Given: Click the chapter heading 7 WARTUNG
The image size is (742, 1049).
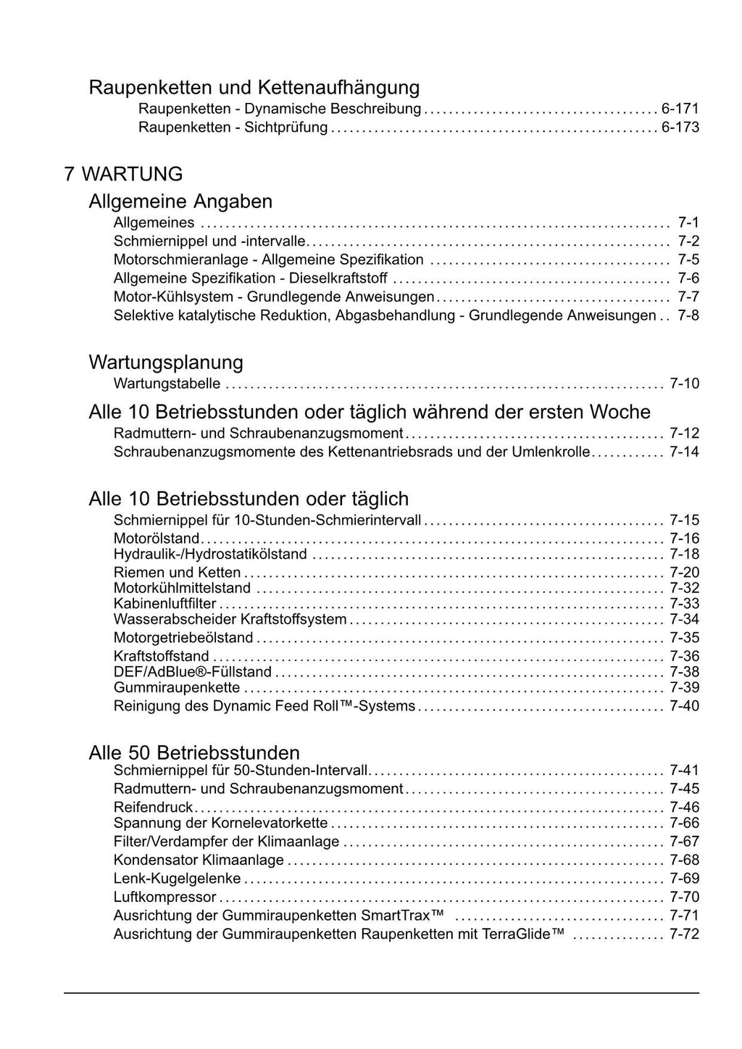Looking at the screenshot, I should pyautogui.click(x=123, y=174).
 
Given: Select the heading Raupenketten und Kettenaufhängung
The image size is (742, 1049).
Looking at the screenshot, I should pyautogui.click(x=254, y=88).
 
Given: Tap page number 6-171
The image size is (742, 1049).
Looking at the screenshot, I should pyautogui.click(x=680, y=109).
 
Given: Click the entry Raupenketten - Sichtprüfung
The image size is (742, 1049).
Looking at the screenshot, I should pyautogui.click(x=233, y=128).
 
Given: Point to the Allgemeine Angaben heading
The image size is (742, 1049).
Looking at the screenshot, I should pyautogui.click(x=180, y=201).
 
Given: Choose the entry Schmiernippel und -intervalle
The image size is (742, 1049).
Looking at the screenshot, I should pyautogui.click(x=210, y=241).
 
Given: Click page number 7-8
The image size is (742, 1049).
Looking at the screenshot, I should pyautogui.click(x=688, y=315).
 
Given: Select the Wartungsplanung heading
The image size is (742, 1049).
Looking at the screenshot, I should pyautogui.click(x=166, y=362).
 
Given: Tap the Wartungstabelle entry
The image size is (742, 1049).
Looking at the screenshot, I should pyautogui.click(x=167, y=383).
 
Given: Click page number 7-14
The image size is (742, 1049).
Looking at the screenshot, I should pyautogui.click(x=684, y=452).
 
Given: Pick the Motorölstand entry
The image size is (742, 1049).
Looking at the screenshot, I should pyautogui.click(x=157, y=538).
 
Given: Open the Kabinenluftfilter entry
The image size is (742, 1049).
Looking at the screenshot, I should pyautogui.click(x=165, y=603).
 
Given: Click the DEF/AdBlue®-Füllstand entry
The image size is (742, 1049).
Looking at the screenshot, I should pyautogui.click(x=193, y=672).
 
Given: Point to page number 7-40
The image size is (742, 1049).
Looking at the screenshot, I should pyautogui.click(x=684, y=706).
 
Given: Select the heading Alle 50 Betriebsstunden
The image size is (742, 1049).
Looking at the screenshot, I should pyautogui.click(x=194, y=752).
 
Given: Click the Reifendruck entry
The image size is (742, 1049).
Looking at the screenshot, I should pyautogui.click(x=154, y=807).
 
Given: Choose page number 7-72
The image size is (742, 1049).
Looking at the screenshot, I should pyautogui.click(x=684, y=934).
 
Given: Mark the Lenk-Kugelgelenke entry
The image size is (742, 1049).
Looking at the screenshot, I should pyautogui.click(x=178, y=879).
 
